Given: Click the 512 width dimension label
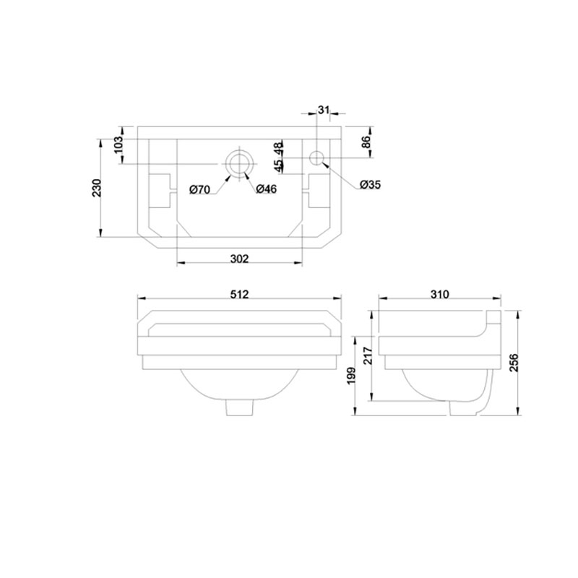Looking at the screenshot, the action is (x=240, y=294).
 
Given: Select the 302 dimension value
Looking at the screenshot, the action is (x=240, y=259).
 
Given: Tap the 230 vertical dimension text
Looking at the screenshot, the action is (x=96, y=188).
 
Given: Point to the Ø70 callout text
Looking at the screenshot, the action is (x=200, y=189).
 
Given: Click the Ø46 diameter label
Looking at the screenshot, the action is (x=266, y=189).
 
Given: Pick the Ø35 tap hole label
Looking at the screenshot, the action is (x=371, y=184).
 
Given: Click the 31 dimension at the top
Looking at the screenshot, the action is (x=323, y=110).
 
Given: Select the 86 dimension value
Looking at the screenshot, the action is (x=366, y=142).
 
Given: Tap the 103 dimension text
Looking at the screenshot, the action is (x=118, y=145).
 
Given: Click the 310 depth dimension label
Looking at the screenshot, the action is (x=440, y=294).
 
